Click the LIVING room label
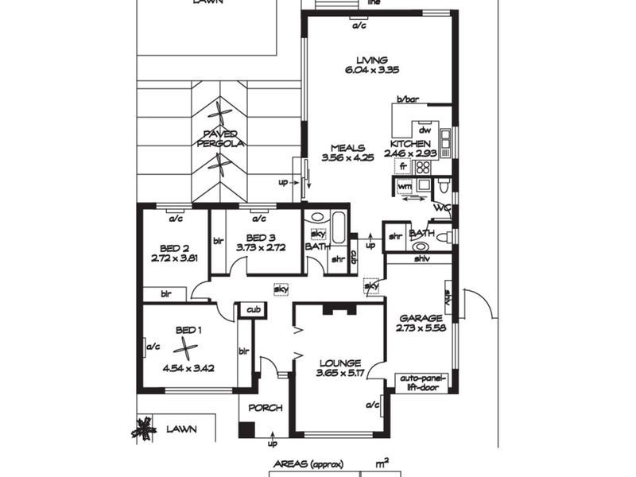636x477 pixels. pyautogui.click(x=372, y=60)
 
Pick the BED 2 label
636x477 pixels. pyautogui.click(x=174, y=247)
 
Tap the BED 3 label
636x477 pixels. pyautogui.click(x=260, y=238)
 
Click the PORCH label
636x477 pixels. pyautogui.click(x=265, y=408)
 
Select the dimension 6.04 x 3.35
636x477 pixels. pyautogui.click(x=372, y=70)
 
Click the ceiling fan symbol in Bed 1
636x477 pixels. pyautogui.click(x=185, y=348)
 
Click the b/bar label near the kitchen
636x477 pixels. pyautogui.click(x=408, y=99)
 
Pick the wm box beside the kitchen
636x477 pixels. pyautogui.click(x=404, y=187)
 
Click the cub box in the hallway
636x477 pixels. pyautogui.click(x=254, y=309)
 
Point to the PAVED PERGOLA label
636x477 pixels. pyautogui.click(x=221, y=138)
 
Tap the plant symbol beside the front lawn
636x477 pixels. pyautogui.click(x=144, y=429)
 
